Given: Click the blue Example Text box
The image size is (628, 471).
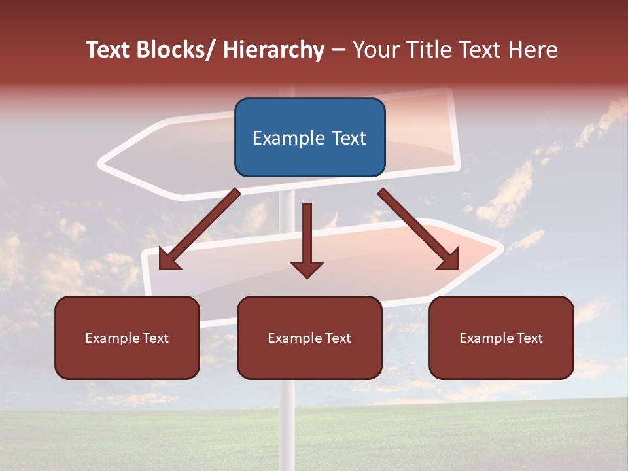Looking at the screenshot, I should pyautogui.click(x=309, y=137).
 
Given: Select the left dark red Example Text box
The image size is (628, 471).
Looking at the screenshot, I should pyautogui.click(x=127, y=338).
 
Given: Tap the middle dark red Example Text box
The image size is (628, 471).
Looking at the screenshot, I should pyautogui.click(x=309, y=338).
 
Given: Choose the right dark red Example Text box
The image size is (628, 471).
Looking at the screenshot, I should pyautogui.click(x=501, y=338).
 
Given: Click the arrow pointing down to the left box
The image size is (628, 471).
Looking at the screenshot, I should pyautogui.click(x=200, y=229).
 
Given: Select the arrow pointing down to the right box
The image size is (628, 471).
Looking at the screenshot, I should pyautogui.click(x=419, y=229).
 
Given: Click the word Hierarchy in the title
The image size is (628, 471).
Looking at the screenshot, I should pyautogui.click(x=273, y=50).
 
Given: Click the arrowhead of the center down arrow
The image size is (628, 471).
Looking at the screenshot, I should pyautogui.click(x=307, y=269).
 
